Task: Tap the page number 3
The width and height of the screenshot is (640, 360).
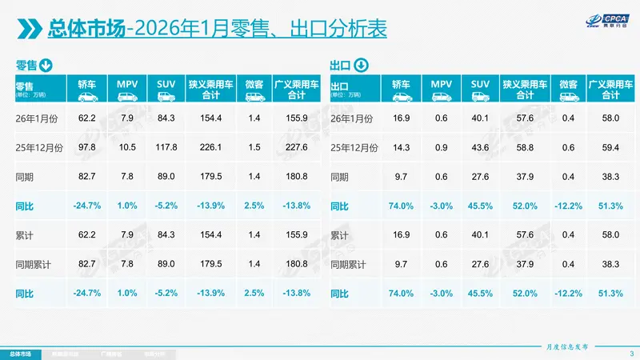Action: [630, 354]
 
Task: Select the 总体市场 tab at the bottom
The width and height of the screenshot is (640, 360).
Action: [21, 353]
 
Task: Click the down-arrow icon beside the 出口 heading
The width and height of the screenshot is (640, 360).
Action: [361, 65]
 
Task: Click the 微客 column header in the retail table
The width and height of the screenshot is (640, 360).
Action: [254, 83]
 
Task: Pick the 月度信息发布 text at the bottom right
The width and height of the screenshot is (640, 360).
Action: [567, 346]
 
